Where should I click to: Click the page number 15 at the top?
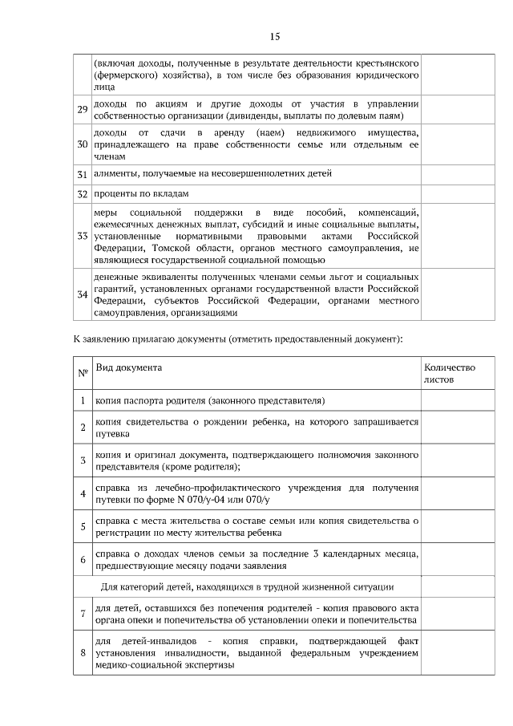tap(274, 37)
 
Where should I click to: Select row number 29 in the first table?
tap(82, 109)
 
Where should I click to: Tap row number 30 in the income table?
tap(82, 144)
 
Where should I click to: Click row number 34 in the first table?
tap(82, 294)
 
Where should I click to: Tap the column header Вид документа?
tap(128, 367)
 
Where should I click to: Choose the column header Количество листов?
tap(449, 373)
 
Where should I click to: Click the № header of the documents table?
tap(82, 373)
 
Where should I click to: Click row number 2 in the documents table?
tap(82, 427)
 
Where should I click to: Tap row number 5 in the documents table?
tap(82, 526)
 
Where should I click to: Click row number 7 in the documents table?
tap(82, 614)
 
